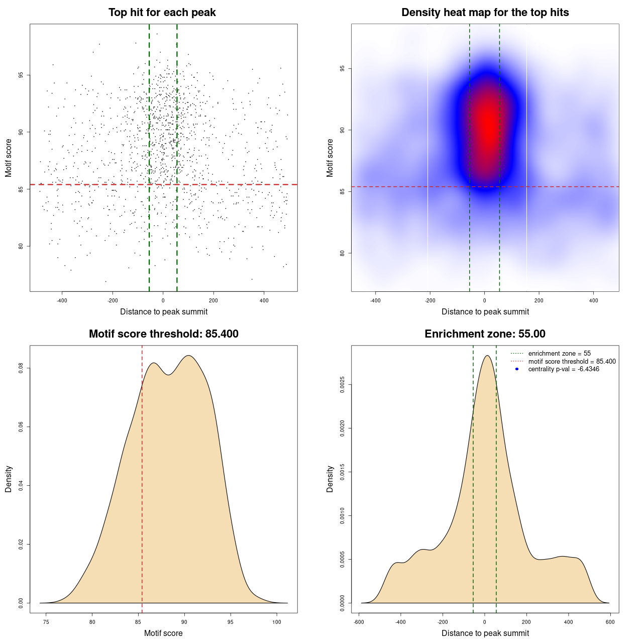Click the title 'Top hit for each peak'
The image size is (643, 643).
coord(162,13)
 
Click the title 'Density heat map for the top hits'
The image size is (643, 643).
coord(485,13)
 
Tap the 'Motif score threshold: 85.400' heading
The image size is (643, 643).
coord(163,334)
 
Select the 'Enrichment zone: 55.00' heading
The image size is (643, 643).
coord(485,334)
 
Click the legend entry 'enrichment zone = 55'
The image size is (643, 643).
coord(559,354)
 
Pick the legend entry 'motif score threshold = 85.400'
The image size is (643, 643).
coord(572,361)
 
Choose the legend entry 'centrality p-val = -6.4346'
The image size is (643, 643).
coord(564,369)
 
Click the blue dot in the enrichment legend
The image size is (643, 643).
coord(517,369)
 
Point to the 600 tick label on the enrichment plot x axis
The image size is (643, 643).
coord(610,622)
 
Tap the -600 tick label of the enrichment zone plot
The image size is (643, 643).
coord(359,622)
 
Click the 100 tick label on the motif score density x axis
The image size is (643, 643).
coord(277,622)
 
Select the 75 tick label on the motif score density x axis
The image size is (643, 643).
coord(46,622)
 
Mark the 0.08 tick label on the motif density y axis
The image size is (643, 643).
coord(21,368)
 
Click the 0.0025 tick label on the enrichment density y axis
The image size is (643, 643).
coord(343,385)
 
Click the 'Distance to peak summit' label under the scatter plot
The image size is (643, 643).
coord(164,311)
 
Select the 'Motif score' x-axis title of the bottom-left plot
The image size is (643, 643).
coord(163,633)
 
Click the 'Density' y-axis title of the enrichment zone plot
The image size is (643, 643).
coord(330,479)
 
